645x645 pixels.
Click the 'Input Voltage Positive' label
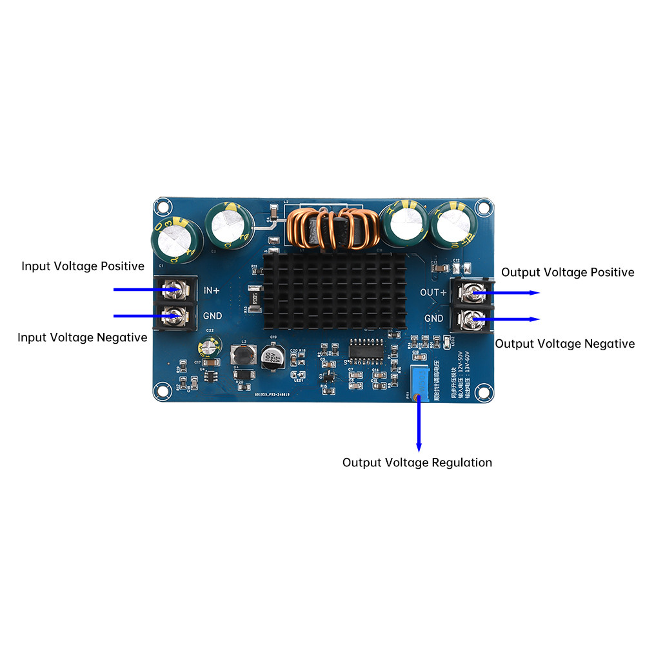tap(83, 266)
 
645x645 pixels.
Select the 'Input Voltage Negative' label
tap(82, 337)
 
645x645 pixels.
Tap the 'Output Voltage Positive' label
tap(568, 273)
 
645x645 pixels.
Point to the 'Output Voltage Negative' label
tap(564, 344)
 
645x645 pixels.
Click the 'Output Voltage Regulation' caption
tap(417, 462)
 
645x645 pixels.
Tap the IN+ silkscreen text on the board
tap(212, 291)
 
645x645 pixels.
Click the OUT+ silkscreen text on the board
tap(433, 293)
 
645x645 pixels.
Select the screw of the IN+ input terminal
tap(173, 292)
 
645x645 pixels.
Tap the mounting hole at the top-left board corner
tap(163, 208)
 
